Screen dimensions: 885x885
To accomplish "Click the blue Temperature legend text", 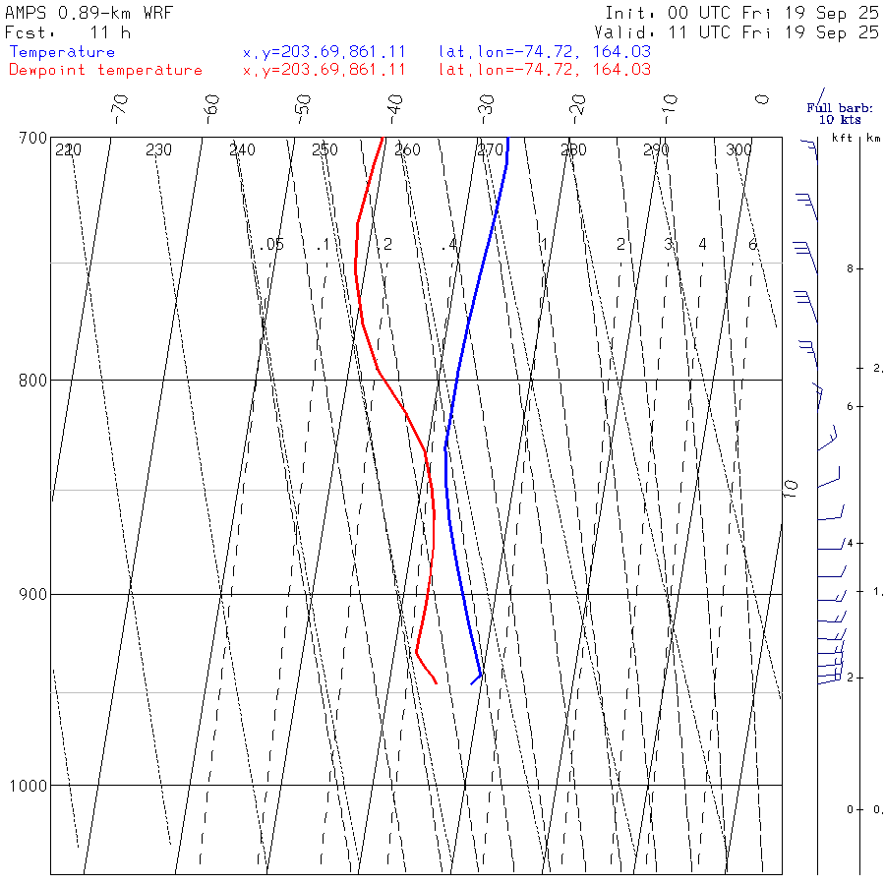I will pyautogui.click(x=62, y=52).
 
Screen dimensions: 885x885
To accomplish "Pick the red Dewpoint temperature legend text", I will pyautogui.click(x=105, y=70).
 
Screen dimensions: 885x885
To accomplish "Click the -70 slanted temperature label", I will pyautogui.click(x=120, y=105).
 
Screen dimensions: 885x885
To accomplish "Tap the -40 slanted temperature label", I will pyautogui.click(x=394, y=105).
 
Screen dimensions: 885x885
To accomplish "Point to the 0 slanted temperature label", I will pyautogui.click(x=762, y=100).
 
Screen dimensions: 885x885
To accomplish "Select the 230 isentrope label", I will pyautogui.click(x=158, y=150).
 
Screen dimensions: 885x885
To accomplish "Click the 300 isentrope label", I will pyautogui.click(x=738, y=150).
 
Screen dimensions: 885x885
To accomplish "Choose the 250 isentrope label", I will pyautogui.click(x=324, y=150).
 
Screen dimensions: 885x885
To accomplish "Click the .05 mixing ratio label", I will pyautogui.click(x=272, y=244).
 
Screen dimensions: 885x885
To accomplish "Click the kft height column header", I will pyautogui.click(x=842, y=138).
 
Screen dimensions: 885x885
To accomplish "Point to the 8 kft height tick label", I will pyautogui.click(x=833, y=268).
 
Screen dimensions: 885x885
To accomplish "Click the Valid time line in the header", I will pyautogui.click(x=742, y=32).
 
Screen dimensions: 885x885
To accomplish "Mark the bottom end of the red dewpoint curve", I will pyautogui.click(x=436, y=682).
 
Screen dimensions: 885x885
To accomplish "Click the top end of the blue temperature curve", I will pyautogui.click(x=507, y=139).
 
